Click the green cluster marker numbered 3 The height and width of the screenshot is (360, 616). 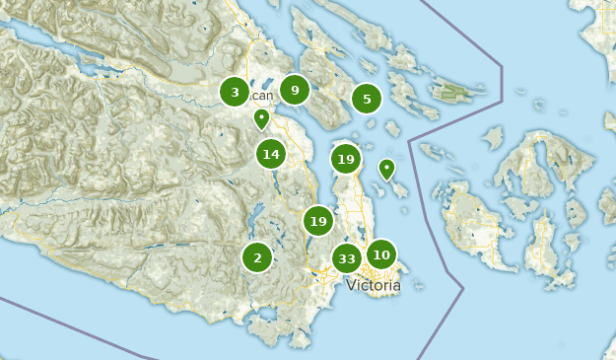[235, 93]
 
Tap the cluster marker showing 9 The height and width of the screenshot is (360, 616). [294, 91]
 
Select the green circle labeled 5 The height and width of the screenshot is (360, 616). [367, 99]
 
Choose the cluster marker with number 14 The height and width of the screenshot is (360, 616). [271, 154]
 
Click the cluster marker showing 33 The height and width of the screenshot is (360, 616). [346, 259]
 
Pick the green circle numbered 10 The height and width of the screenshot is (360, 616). [380, 254]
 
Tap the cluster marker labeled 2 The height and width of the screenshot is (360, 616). [257, 257]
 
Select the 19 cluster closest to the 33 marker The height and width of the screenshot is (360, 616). [317, 221]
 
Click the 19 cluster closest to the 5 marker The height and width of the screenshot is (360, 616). [345, 159]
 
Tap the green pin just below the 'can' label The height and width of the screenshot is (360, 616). [261, 119]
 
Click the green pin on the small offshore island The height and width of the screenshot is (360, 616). [386, 169]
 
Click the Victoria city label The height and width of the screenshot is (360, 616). [374, 286]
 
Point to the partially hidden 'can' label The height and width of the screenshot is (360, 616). [262, 96]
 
